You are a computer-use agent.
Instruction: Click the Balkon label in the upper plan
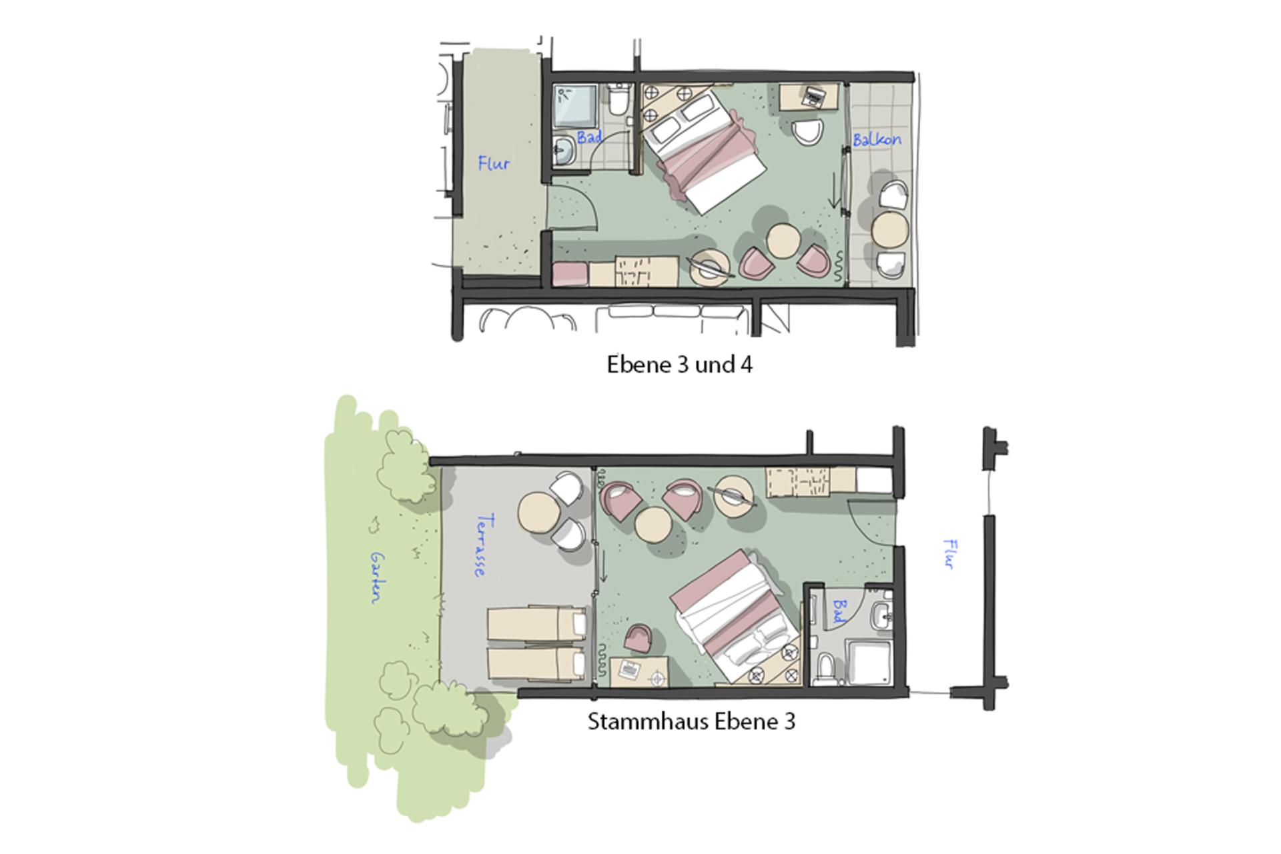coord(877,139)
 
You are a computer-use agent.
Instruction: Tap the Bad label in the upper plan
coord(590,137)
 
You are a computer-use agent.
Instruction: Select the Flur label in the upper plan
coord(494,163)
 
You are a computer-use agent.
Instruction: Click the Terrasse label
coord(484,545)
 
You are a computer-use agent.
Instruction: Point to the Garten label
coord(378,577)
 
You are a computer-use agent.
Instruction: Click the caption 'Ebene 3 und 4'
coord(679,365)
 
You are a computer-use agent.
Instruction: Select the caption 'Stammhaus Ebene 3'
coord(691,722)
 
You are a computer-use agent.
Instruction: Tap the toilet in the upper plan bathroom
coord(618,100)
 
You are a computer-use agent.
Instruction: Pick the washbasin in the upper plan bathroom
coord(564,151)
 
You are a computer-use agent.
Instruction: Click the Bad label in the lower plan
coord(839,610)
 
